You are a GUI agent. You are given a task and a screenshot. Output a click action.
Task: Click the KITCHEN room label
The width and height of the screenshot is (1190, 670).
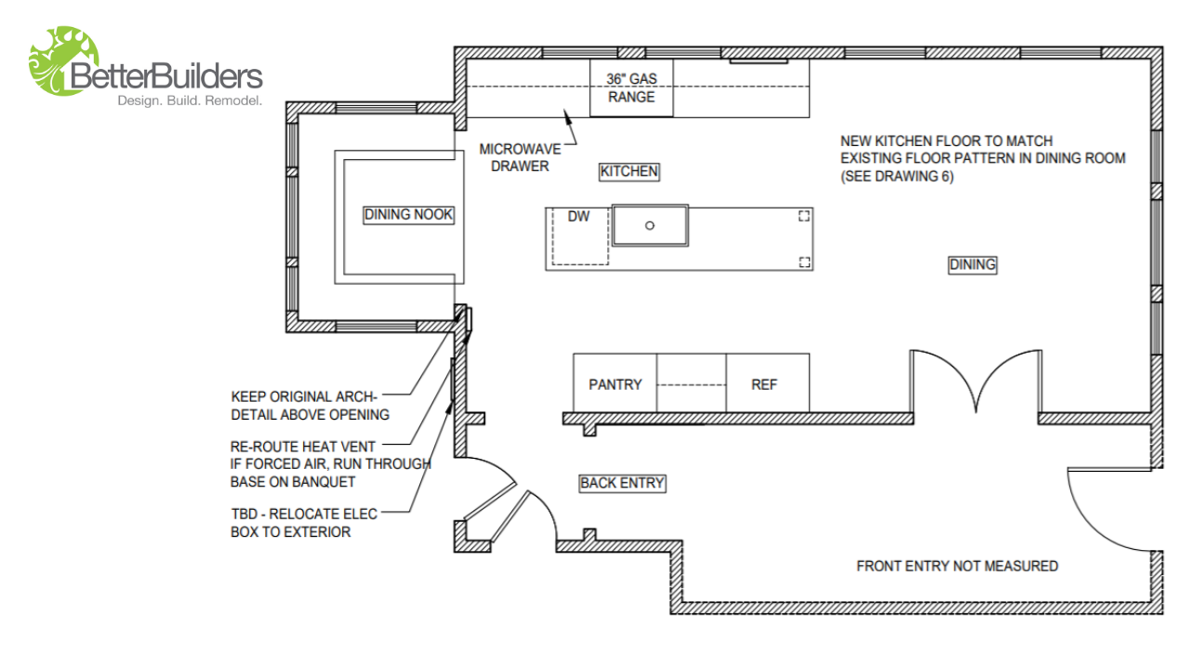(x=629, y=171)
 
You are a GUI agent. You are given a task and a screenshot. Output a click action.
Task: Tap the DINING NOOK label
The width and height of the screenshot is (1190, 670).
(x=408, y=214)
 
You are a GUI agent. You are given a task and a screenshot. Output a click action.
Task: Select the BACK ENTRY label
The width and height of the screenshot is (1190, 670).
(x=622, y=483)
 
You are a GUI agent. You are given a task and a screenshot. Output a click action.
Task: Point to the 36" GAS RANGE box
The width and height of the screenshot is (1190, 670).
(x=631, y=88)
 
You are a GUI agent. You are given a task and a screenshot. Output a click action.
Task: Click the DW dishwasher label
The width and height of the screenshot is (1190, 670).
(x=578, y=217)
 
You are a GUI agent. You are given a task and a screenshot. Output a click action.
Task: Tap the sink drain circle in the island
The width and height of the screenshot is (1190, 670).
(x=650, y=225)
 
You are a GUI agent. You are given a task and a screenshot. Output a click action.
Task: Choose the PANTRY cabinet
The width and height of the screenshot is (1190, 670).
(x=615, y=383)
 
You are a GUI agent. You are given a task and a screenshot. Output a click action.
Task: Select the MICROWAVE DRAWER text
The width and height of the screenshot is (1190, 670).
(x=514, y=157)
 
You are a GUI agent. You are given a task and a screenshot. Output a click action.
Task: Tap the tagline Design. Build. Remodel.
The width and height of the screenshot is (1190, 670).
(x=189, y=100)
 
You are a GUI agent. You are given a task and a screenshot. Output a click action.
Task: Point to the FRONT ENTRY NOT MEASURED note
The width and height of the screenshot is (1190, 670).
(x=957, y=566)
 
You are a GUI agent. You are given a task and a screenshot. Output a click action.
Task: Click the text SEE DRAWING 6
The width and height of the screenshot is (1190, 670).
(x=897, y=176)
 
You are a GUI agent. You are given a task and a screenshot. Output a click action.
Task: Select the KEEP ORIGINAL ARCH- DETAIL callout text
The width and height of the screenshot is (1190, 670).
(x=310, y=405)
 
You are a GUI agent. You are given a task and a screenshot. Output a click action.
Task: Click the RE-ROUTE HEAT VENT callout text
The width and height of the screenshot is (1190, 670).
(x=330, y=463)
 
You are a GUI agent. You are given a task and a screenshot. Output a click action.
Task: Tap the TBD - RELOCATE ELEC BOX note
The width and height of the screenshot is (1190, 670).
(x=305, y=522)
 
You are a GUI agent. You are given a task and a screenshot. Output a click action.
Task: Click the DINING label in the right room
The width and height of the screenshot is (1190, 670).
(x=972, y=264)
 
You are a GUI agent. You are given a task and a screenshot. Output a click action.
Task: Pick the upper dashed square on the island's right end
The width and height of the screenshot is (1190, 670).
(x=803, y=216)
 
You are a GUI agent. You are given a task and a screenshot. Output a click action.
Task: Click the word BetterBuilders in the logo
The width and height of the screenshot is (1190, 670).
(x=167, y=75)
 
